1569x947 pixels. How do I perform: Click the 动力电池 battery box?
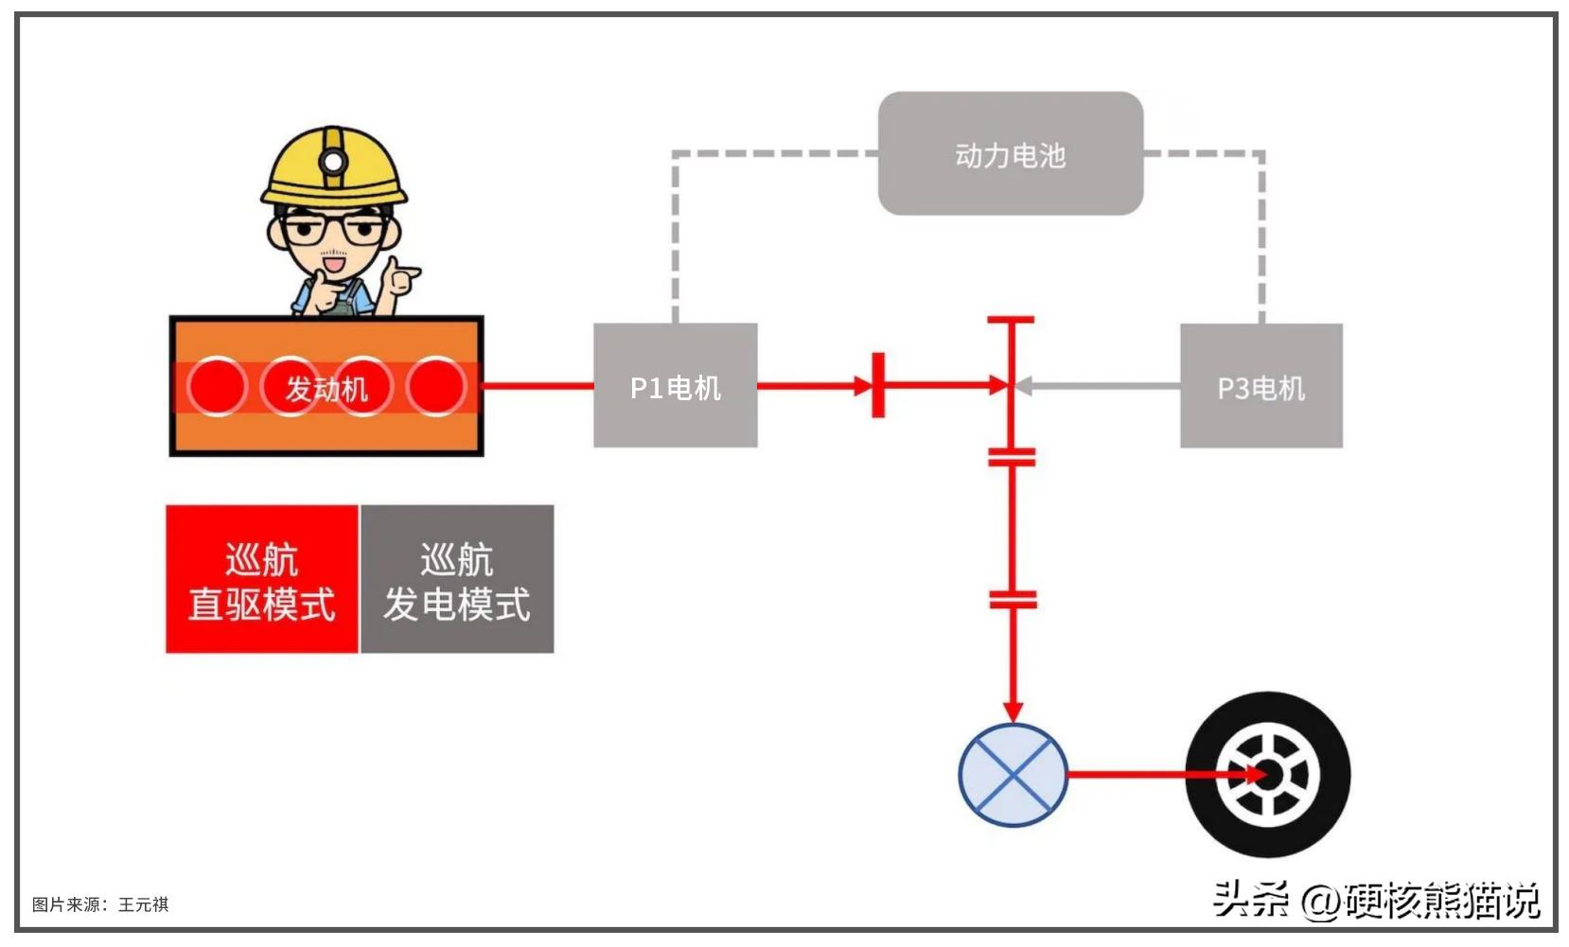click(1010, 153)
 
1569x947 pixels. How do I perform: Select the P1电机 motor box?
click(675, 385)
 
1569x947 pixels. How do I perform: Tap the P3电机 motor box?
click(1260, 386)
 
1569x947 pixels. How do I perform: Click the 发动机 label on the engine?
click(326, 388)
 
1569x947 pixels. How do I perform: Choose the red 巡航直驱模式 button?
click(262, 579)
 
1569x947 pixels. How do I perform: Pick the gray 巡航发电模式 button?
click(457, 579)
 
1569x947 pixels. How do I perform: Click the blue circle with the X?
click(1013, 775)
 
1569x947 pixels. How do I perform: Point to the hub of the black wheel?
click(1268, 775)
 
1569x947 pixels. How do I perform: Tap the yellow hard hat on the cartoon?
click(333, 170)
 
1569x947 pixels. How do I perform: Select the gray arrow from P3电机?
click(1098, 386)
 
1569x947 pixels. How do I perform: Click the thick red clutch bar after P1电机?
click(878, 385)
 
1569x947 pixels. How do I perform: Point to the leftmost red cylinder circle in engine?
click(217, 386)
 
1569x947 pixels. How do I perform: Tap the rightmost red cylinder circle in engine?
click(436, 386)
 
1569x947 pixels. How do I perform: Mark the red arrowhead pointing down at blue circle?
click(1013, 710)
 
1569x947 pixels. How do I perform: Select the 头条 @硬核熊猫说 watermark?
click(1376, 900)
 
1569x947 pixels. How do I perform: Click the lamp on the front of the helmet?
click(333, 162)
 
